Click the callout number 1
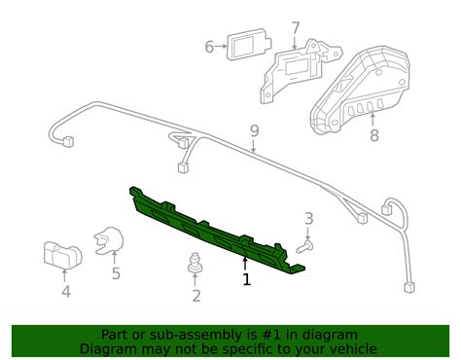(x=246, y=279)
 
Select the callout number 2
(x=196, y=296)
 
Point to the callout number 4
(x=65, y=290)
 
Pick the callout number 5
(x=116, y=273)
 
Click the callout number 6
(x=209, y=46)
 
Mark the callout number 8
(x=373, y=136)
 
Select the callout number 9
(x=254, y=130)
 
